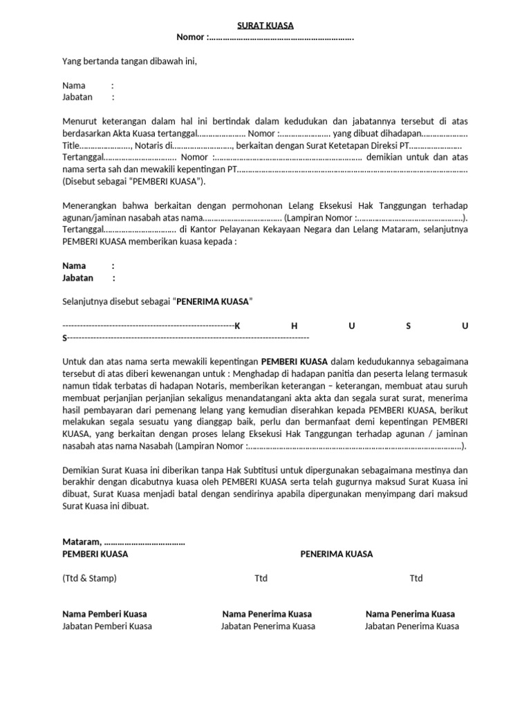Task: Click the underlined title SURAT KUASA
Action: [265, 26]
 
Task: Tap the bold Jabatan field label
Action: [77, 278]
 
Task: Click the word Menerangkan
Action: [92, 205]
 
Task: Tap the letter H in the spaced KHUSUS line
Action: [294, 326]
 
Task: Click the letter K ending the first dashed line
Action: [237, 326]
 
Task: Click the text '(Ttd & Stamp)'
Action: [89, 578]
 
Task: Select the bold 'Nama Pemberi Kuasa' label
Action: [104, 614]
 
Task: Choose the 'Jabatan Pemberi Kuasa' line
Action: [107, 626]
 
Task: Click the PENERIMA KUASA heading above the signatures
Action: [336, 554]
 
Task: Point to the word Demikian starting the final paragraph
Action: [82, 470]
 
